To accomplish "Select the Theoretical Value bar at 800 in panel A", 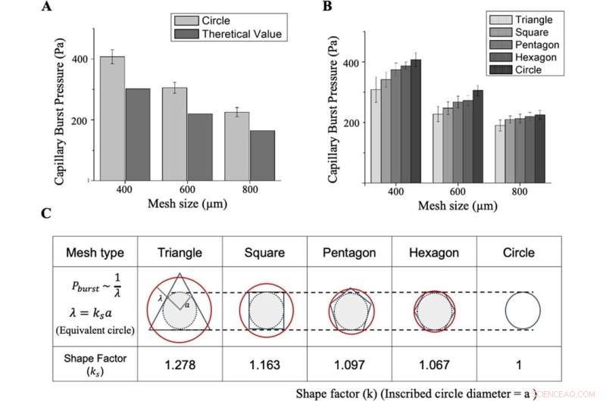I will click(x=262, y=155).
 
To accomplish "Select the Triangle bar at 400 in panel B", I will click(x=375, y=135).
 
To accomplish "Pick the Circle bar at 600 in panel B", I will click(x=477, y=136).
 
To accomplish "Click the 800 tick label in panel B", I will click(x=520, y=192).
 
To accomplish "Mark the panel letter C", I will click(x=45, y=213).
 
